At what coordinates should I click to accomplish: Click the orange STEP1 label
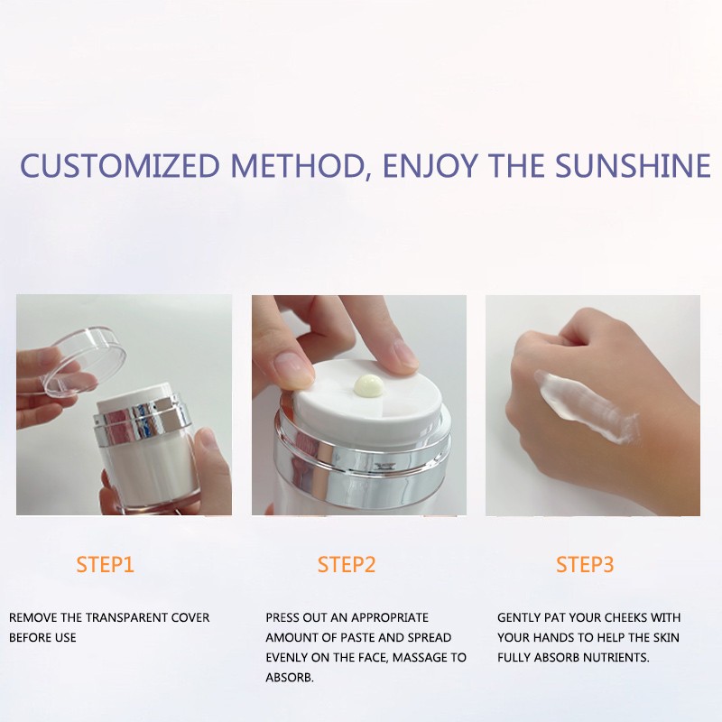pyautogui.click(x=105, y=565)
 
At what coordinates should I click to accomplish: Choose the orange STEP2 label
pyautogui.click(x=347, y=565)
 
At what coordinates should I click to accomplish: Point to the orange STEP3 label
pyautogui.click(x=585, y=565)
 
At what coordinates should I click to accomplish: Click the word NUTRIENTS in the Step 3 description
pyautogui.click(x=613, y=658)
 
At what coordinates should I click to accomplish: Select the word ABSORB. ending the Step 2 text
pyautogui.click(x=290, y=678)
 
